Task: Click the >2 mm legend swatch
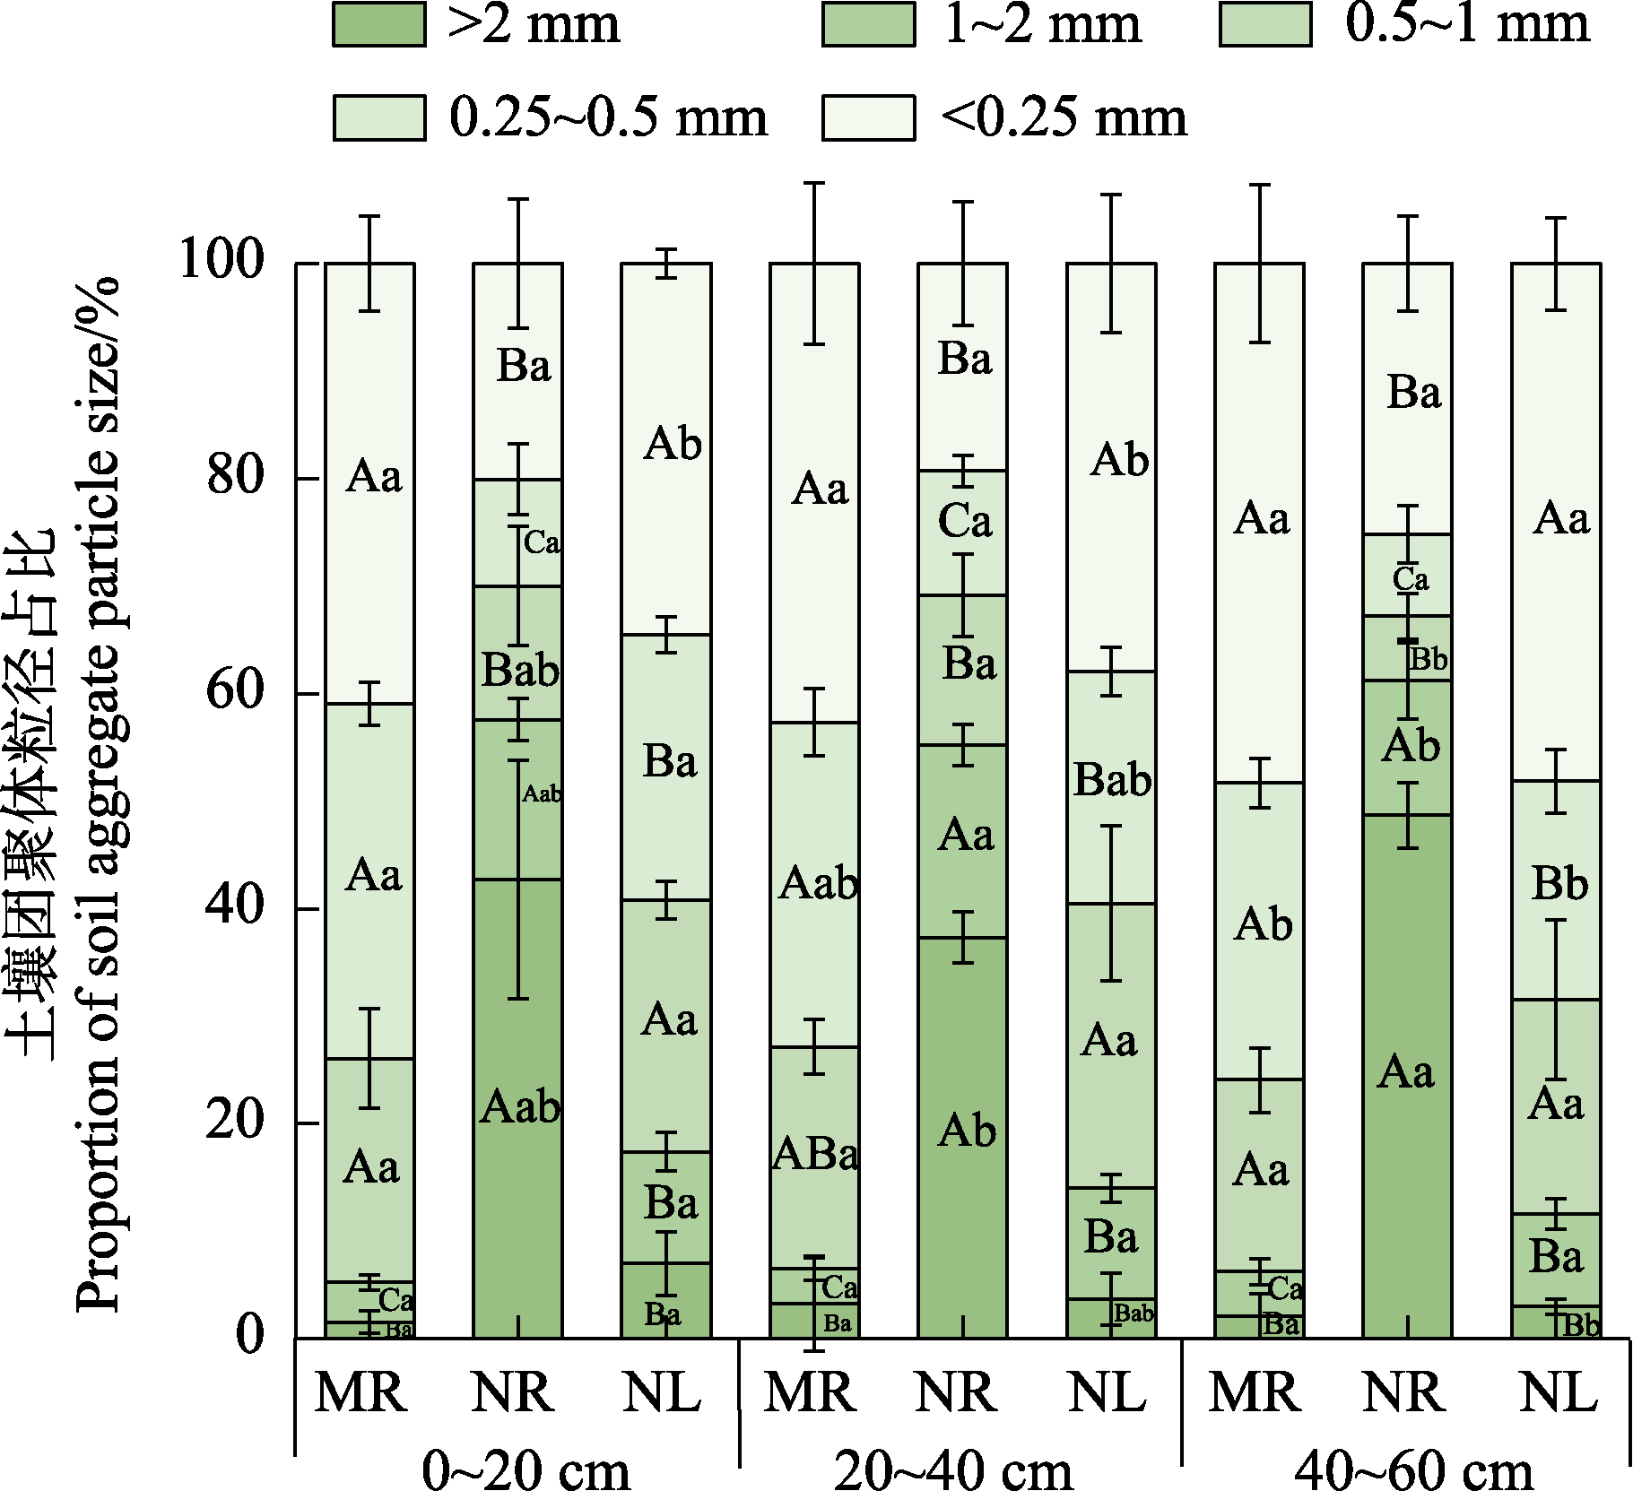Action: [x=378, y=23]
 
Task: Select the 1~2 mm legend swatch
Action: [x=868, y=23]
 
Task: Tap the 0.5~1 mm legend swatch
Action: [x=1265, y=23]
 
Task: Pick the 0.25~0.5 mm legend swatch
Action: [x=378, y=117]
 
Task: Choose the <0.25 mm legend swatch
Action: [x=868, y=117]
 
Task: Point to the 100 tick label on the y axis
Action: [x=223, y=262]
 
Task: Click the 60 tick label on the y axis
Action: [x=236, y=692]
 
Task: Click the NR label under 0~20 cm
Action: [x=512, y=1393]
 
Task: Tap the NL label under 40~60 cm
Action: [x=1559, y=1393]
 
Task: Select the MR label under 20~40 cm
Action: [x=809, y=1393]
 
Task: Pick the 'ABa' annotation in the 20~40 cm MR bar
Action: [x=815, y=1155]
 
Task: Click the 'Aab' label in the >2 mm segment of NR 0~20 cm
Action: [x=520, y=1108]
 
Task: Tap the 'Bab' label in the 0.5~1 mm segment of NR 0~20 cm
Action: [x=520, y=670]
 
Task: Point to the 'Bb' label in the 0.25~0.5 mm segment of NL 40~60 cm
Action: [x=1559, y=884]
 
